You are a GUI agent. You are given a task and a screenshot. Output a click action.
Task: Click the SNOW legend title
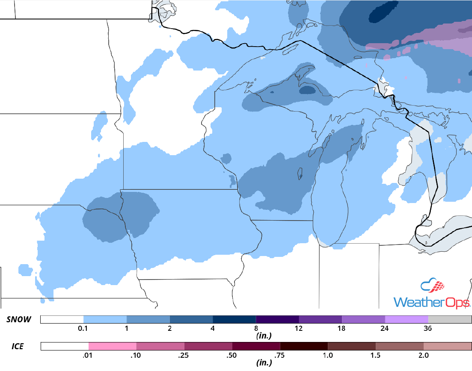[18, 320]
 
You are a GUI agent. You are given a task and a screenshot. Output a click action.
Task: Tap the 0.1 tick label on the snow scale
[83, 329]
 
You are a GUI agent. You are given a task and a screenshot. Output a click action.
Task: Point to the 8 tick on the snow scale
[256, 329]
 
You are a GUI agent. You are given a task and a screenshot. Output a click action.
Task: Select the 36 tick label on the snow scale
[427, 329]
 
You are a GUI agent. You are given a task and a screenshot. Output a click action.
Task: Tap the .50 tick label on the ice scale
[232, 355]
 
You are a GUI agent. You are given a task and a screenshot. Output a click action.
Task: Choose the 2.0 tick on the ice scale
[423, 355]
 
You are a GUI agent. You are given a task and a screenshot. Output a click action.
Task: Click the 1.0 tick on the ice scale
[328, 355]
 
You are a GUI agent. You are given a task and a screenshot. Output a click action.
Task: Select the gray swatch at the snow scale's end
[449, 320]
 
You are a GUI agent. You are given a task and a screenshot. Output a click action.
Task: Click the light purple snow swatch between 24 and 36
[407, 320]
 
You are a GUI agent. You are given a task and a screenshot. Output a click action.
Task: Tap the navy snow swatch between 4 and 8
[234, 320]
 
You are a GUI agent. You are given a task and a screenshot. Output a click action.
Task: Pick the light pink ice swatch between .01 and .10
[113, 346]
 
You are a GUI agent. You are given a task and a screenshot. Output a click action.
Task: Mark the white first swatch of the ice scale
[65, 346]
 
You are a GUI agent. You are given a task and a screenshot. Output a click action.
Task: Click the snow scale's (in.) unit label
[262, 336]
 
